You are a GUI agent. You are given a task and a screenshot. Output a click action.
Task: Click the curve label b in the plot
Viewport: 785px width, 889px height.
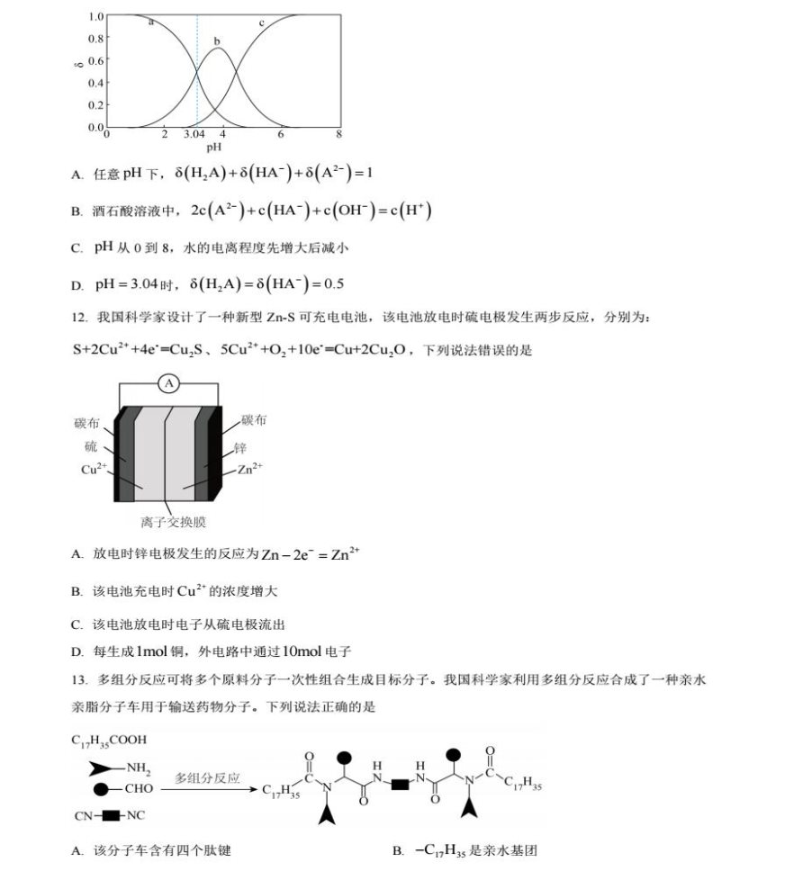pos(217,40)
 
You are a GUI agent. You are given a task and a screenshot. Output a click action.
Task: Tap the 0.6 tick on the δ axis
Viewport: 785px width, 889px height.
pos(95,60)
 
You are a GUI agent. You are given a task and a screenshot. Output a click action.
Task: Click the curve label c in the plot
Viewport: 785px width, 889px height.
pos(262,22)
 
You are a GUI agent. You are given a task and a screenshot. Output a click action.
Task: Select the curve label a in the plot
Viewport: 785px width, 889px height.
pos(150,22)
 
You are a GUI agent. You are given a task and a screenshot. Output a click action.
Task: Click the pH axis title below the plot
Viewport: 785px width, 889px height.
pos(214,147)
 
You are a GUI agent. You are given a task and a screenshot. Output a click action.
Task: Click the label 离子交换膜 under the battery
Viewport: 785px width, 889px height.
pos(168,522)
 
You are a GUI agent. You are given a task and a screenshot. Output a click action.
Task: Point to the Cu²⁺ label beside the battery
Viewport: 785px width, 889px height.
pos(94,470)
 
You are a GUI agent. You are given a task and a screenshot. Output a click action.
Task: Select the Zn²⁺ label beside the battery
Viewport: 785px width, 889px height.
pos(251,470)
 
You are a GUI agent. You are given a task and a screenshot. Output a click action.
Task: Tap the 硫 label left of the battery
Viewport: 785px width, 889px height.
pos(91,446)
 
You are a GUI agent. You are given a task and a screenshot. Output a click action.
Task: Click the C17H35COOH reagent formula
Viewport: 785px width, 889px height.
pos(109,741)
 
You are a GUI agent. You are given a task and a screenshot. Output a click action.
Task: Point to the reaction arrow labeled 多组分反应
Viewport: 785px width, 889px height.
pos(208,786)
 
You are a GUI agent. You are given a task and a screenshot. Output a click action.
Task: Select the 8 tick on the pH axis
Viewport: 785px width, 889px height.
pos(339,134)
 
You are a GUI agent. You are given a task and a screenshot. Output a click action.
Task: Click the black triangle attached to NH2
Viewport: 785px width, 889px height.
pos(101,768)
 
